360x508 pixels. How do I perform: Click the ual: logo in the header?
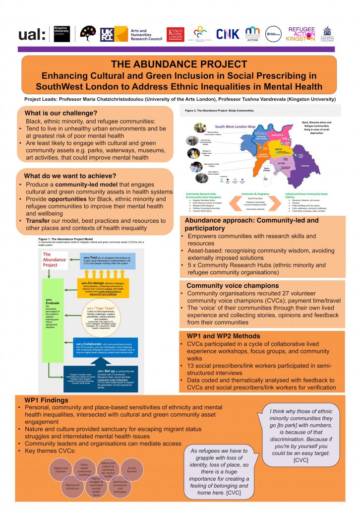click(x=32, y=34)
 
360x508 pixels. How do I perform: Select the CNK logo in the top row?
click(x=228, y=34)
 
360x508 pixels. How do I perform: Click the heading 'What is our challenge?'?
click(x=60, y=113)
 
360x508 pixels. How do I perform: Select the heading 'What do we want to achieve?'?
click(x=70, y=176)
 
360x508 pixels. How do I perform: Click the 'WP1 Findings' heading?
click(x=45, y=400)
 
